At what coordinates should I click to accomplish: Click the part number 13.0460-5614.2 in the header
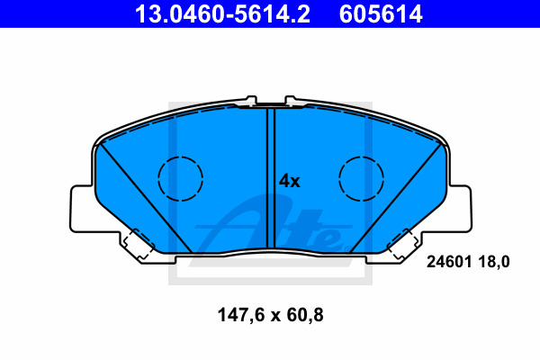[222, 14]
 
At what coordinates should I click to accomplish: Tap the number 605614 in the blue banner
[381, 14]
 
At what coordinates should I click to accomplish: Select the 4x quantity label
[289, 181]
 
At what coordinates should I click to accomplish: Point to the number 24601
[449, 262]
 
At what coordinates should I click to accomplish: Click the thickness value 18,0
[494, 263]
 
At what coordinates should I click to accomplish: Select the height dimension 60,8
[305, 316]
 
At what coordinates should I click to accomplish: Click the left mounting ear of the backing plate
[82, 209]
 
